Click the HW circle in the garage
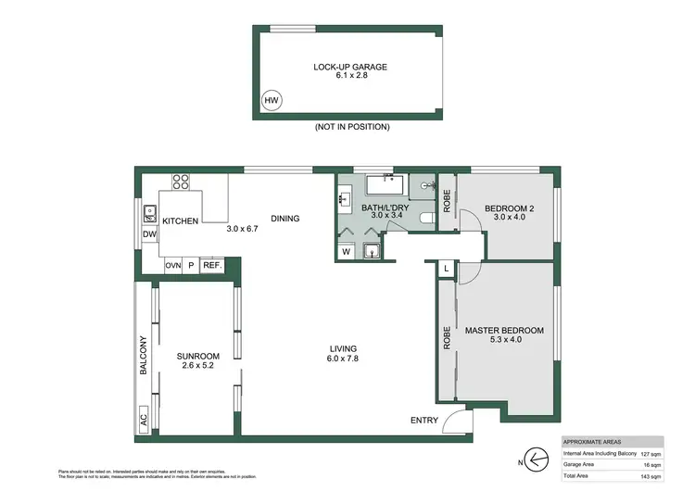[272, 100]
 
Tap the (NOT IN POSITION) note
[351, 126]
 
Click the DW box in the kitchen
[150, 235]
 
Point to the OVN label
[172, 265]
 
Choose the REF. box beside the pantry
[211, 265]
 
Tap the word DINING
[285, 219]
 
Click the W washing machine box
[347, 251]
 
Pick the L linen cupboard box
[448, 268]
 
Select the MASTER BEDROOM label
[504, 331]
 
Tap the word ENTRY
[423, 421]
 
